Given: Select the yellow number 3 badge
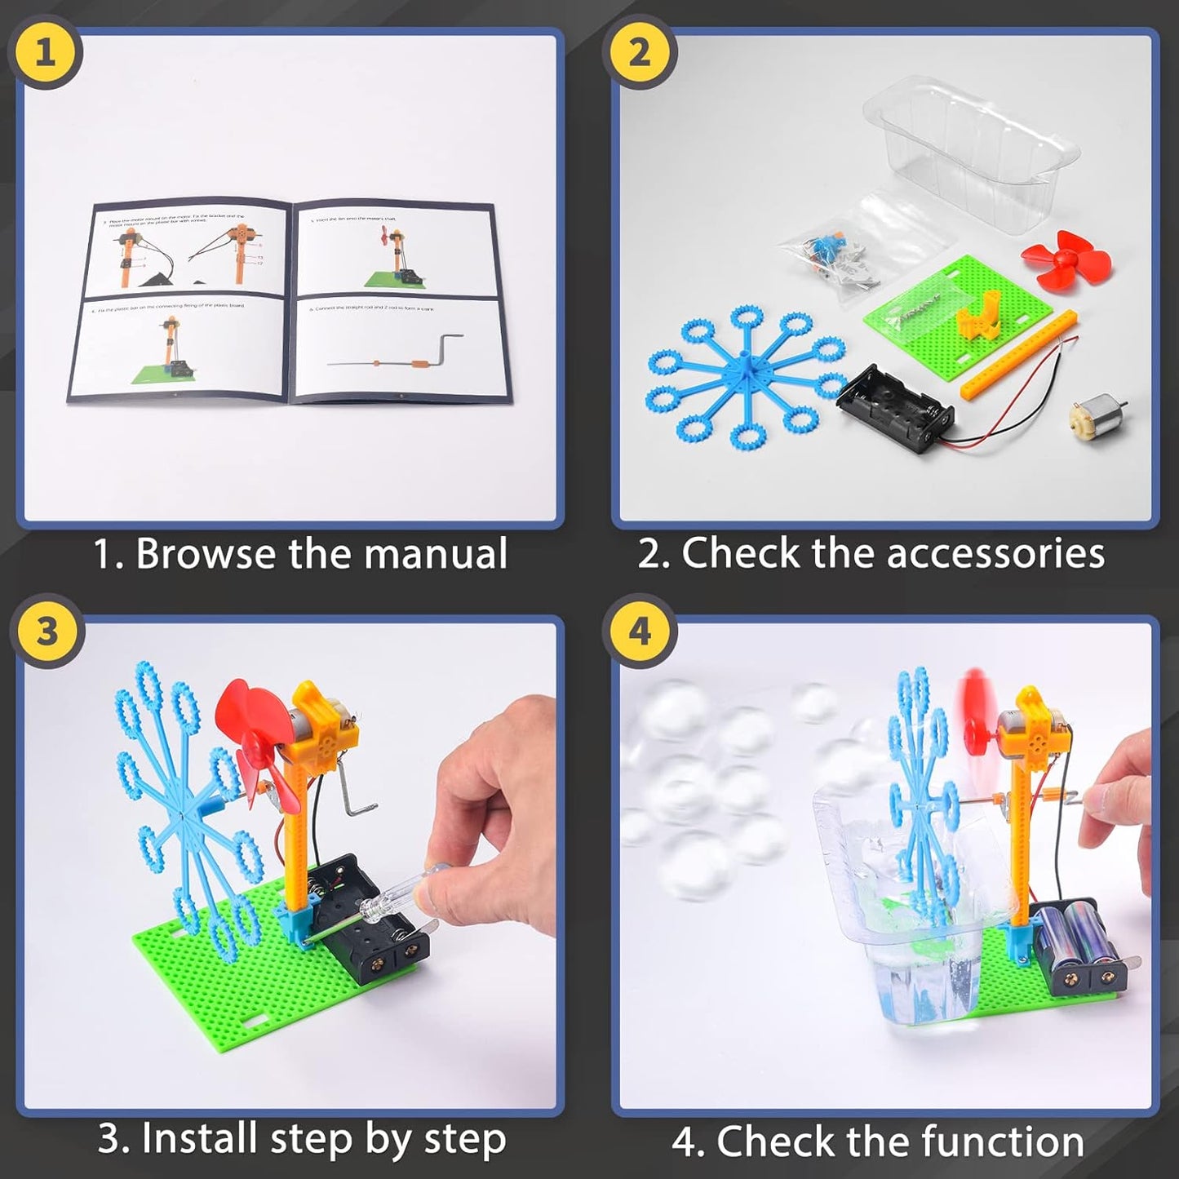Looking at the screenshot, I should (47, 632).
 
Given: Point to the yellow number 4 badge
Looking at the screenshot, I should (640, 632).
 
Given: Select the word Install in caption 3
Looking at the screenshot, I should (201, 1139).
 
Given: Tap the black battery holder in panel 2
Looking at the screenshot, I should (896, 408).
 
